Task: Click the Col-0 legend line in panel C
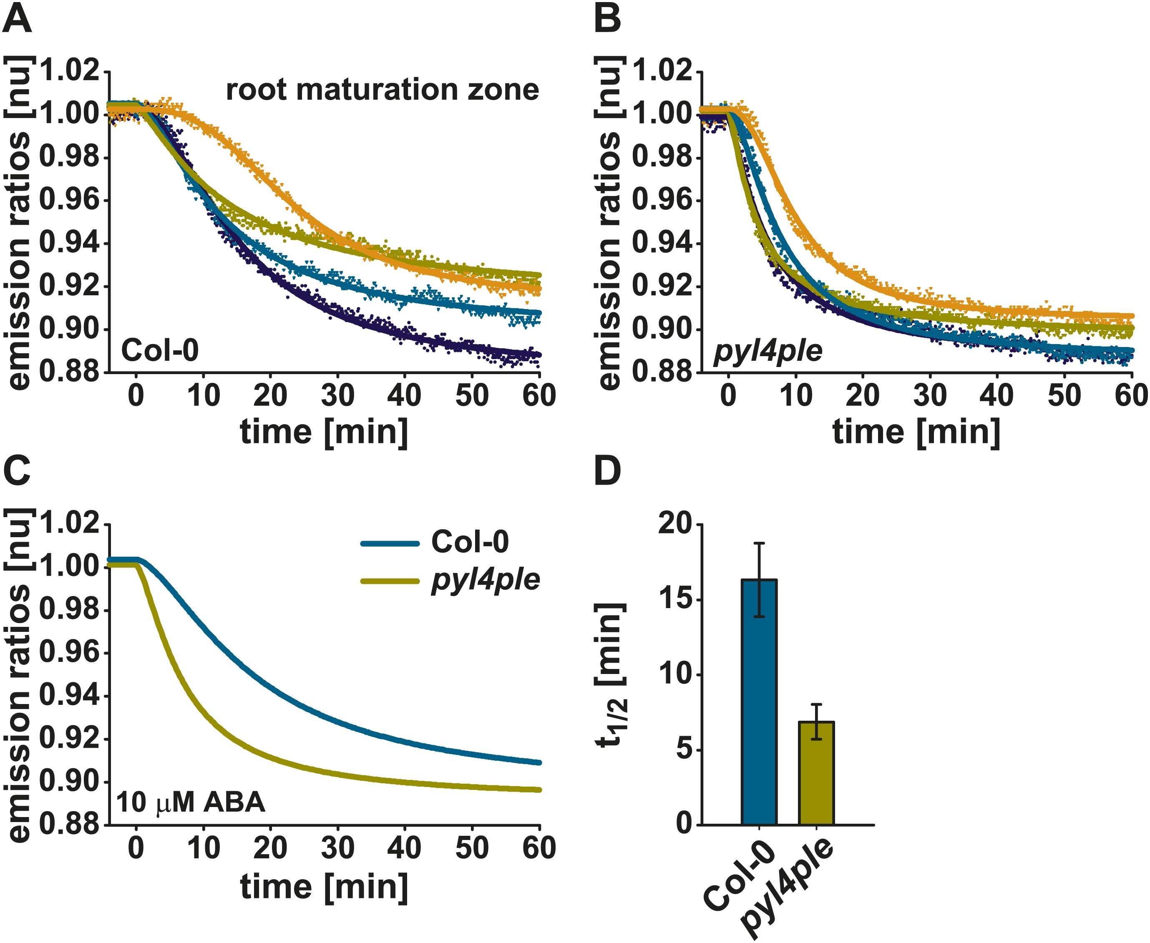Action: coord(390,544)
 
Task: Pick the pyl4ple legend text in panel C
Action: coord(485,581)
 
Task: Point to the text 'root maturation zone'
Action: coord(382,90)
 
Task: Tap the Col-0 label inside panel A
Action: coord(160,350)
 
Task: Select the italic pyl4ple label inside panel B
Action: coord(767,352)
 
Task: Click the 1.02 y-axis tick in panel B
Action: coord(663,71)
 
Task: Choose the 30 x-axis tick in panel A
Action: coord(337,395)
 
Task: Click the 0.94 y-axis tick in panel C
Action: coord(70,697)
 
